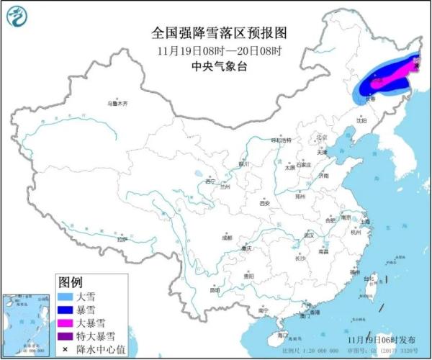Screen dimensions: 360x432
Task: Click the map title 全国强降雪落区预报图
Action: [x=220, y=33]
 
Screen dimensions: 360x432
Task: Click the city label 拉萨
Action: [x=122, y=238]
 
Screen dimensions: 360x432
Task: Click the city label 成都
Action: [x=228, y=236]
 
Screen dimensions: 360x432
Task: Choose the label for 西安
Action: [x=264, y=203]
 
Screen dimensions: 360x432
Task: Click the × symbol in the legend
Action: [x=65, y=349]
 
